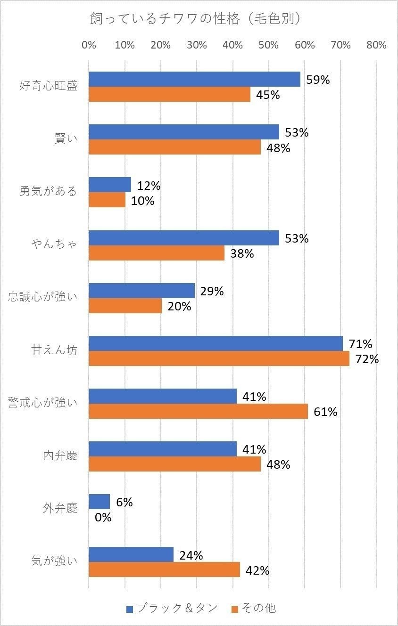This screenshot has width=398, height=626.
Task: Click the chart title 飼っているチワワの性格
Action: tap(196, 19)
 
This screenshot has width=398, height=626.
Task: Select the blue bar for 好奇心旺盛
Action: tap(194, 80)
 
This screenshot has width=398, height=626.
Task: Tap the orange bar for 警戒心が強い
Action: tap(198, 411)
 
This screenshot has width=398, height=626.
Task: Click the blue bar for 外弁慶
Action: tap(99, 502)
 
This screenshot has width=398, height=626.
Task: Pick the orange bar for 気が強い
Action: tap(164, 569)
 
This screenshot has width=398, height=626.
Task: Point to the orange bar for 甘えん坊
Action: tap(219, 358)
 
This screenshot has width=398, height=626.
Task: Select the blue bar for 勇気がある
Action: tap(110, 185)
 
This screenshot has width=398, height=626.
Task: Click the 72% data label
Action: tap(367, 359)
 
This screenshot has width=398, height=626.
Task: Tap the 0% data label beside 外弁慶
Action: tap(103, 517)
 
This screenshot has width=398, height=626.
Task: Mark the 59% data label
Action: tap(318, 80)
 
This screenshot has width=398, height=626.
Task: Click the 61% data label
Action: tap(325, 412)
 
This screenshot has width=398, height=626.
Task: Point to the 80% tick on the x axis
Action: tap(376, 45)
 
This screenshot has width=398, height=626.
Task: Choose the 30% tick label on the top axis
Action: tap(197, 45)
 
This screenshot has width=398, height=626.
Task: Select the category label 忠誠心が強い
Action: tap(42, 297)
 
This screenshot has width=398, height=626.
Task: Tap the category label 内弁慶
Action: tap(60, 456)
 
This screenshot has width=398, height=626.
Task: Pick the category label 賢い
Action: tap(66, 139)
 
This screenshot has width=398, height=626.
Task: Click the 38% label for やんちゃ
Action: tap(242, 253)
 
